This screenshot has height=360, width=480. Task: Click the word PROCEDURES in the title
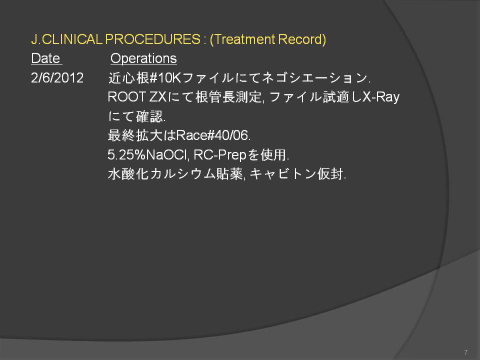click(153, 39)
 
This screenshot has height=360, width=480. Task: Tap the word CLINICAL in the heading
click(72, 39)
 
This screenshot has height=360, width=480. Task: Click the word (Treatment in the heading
click(243, 39)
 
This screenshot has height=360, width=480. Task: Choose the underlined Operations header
click(143, 58)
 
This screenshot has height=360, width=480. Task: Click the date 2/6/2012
click(57, 78)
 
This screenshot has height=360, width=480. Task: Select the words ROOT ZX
click(137, 97)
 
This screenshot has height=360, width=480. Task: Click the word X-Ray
click(381, 97)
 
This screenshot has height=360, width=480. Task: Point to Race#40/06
click(213, 135)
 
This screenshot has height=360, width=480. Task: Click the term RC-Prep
click(220, 155)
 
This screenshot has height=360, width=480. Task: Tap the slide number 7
click(465, 352)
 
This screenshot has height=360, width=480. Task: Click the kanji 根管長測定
click(228, 97)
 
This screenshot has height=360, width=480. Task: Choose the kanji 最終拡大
click(135, 135)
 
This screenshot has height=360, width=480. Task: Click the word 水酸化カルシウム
click(162, 174)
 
